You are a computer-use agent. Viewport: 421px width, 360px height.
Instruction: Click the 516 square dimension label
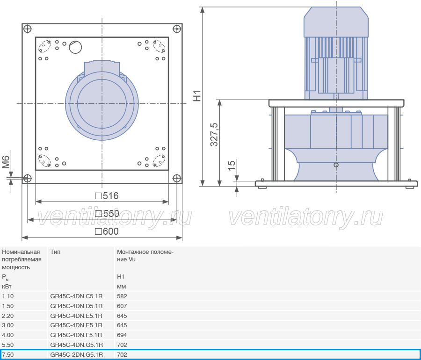click(107, 196)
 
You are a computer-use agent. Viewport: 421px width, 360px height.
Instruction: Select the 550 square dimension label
click(107, 214)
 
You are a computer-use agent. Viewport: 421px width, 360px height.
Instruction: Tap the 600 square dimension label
click(107, 231)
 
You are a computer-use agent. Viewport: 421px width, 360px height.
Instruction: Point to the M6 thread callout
click(6, 162)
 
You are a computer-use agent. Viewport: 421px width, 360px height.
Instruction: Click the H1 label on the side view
click(197, 96)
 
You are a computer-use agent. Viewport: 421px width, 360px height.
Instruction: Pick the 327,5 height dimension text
click(214, 134)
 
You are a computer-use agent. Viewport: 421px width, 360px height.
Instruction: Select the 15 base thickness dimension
click(232, 165)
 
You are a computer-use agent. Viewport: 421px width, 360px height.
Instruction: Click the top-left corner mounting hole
click(28, 29)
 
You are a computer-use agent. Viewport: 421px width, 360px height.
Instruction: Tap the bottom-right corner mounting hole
click(177, 178)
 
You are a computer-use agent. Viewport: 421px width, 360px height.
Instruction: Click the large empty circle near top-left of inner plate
click(75, 47)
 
